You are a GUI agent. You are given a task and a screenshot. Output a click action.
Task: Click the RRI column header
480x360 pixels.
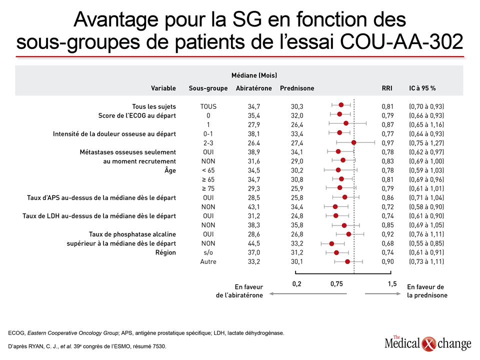(387, 88)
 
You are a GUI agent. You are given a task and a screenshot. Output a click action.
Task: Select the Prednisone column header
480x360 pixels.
(297, 88)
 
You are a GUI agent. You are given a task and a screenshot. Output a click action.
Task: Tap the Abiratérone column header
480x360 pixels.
(254, 88)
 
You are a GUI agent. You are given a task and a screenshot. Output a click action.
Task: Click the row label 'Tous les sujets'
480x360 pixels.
(154, 106)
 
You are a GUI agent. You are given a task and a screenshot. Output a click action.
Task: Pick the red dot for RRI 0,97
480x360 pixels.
(353, 142)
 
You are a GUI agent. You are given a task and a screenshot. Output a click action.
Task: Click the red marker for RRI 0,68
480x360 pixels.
(331, 243)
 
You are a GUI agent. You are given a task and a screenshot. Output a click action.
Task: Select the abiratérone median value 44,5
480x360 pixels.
(254, 243)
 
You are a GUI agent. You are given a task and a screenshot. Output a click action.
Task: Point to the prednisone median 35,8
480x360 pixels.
(297, 225)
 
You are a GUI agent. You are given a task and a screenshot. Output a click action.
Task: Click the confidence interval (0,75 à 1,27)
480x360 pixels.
(426, 143)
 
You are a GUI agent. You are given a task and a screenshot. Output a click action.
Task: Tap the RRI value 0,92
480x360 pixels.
(387, 234)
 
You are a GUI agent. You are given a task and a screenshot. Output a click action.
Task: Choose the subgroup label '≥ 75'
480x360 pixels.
(208, 188)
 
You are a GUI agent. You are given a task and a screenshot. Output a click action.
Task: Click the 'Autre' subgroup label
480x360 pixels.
(208, 261)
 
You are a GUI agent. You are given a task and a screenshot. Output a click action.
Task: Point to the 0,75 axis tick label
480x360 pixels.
(336, 284)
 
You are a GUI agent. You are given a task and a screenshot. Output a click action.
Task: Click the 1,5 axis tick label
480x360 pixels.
(392, 284)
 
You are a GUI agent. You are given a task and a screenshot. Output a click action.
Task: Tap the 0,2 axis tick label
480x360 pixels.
(296, 284)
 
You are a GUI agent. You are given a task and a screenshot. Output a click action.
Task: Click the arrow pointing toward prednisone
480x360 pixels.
(382, 294)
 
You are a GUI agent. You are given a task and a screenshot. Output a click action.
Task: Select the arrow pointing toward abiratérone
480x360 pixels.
(308, 294)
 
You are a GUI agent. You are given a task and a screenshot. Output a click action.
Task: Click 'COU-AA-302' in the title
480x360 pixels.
(401, 41)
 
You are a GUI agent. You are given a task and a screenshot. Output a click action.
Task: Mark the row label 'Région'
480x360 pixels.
(165, 253)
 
